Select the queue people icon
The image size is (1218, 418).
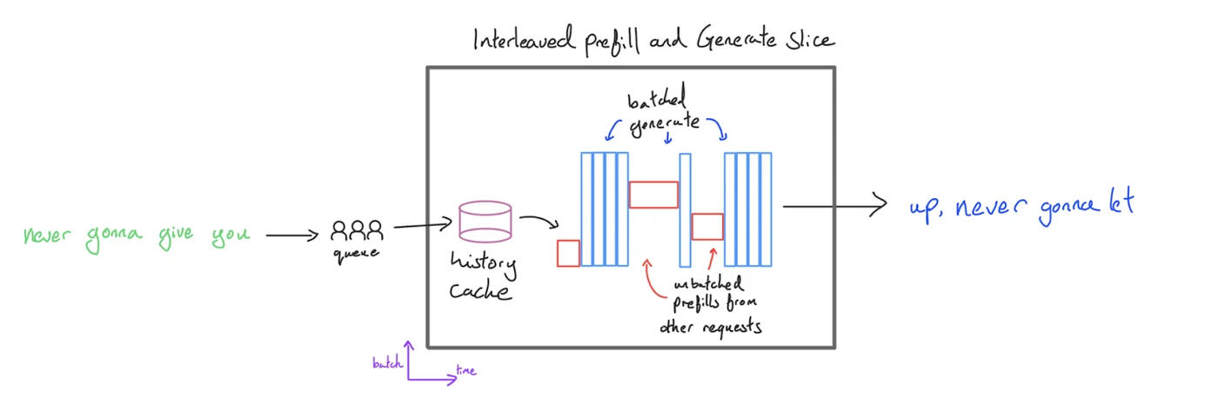(357, 230)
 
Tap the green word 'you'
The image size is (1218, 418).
(230, 236)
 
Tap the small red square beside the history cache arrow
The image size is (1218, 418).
(568, 253)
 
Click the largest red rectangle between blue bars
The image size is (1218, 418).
(653, 194)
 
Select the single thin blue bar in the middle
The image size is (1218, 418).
(685, 209)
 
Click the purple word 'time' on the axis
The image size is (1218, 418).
(466, 371)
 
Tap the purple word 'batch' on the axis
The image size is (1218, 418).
(387, 364)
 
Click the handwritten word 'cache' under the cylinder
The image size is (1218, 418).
(480, 289)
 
